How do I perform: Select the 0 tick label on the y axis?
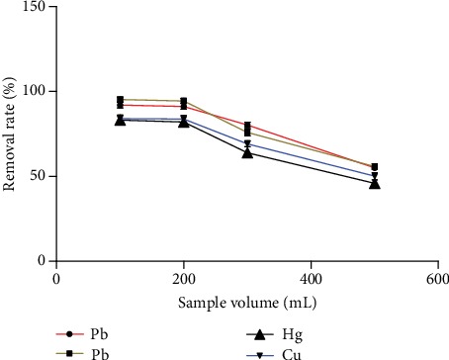click(43, 261)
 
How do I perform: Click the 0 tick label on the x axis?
click(56, 280)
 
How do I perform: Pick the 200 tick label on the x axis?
click(184, 280)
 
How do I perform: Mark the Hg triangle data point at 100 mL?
click(120, 120)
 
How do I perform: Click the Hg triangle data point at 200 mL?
click(184, 122)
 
